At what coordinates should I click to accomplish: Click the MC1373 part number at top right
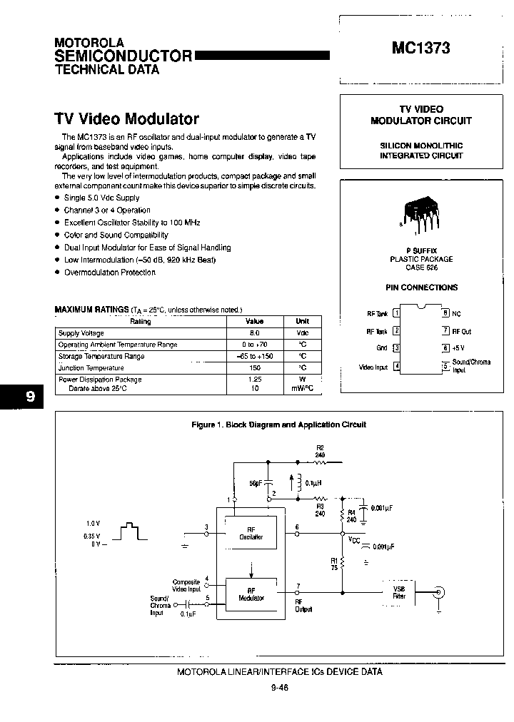[420, 49]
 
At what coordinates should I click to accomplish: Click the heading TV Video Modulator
[126, 119]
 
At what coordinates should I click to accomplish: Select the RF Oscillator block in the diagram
[251, 532]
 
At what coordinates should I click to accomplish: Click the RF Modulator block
[251, 594]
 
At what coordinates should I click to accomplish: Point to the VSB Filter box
[399, 592]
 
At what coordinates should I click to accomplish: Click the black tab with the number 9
[29, 397]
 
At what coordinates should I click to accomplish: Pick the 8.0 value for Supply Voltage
[254, 333]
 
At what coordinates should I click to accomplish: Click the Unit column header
[303, 322]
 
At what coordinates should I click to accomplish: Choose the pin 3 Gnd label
[382, 348]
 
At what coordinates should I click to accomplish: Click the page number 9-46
[279, 688]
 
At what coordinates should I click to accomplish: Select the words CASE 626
[421, 268]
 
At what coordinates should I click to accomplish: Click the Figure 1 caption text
[279, 424]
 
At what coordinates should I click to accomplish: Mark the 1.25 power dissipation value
[254, 380]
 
